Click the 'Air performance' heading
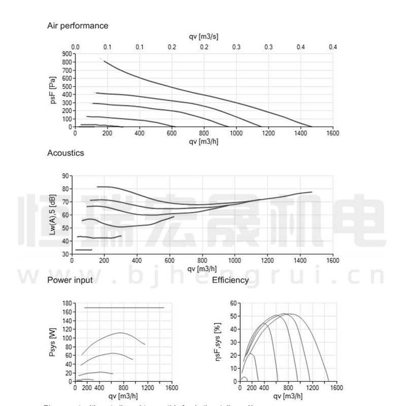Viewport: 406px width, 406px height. tap(78, 25)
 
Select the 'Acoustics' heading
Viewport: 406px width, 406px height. tap(65, 153)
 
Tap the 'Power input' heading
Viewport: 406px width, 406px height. tap(70, 280)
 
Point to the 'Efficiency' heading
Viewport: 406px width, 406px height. tap(230, 280)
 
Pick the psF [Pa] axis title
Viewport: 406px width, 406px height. tap(53, 90)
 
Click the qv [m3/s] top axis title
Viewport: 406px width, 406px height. tap(203, 37)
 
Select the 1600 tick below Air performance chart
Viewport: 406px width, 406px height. tap(332, 133)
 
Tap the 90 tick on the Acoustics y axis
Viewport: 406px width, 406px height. tap(65, 176)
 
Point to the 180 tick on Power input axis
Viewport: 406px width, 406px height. tap(66, 303)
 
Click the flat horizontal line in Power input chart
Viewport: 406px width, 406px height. tap(124, 308)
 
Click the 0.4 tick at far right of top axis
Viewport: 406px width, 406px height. tap(332, 47)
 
